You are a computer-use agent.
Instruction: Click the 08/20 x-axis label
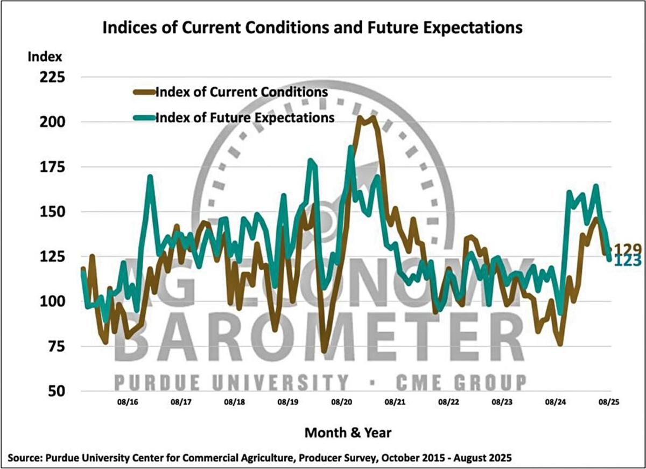(342, 402)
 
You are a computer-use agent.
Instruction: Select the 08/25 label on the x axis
(609, 402)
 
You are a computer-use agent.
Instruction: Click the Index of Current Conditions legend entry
(241, 92)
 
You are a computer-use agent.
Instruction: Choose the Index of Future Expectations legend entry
(244, 117)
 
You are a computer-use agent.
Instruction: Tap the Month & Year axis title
(348, 432)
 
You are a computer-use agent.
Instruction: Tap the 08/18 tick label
(235, 402)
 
